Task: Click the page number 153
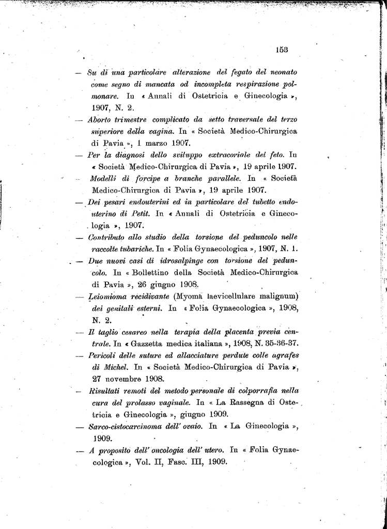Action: pos(282,50)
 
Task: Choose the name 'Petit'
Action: pos(140,213)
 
